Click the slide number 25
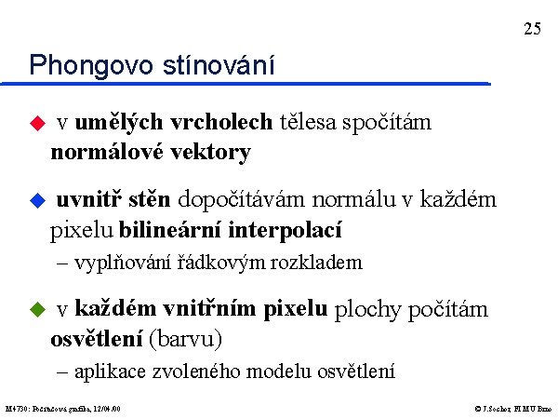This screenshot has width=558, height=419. (x=532, y=29)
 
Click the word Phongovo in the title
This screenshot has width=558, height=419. (x=91, y=65)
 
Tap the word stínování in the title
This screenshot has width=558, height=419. (x=219, y=64)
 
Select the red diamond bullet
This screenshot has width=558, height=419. (x=38, y=123)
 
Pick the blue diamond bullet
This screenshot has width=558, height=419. (x=38, y=200)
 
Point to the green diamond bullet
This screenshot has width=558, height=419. (x=38, y=309)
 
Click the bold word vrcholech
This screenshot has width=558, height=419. (x=221, y=122)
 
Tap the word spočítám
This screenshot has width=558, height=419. (x=387, y=123)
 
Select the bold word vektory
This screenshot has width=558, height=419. (x=211, y=152)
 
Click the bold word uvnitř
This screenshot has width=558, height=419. (x=88, y=199)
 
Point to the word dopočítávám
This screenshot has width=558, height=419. (x=241, y=200)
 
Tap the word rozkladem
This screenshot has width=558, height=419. (x=316, y=263)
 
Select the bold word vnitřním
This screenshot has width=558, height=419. (x=209, y=308)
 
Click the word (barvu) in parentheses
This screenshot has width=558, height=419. (x=185, y=339)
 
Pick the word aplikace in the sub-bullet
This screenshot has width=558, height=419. (x=110, y=372)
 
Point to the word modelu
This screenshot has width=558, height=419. (x=279, y=372)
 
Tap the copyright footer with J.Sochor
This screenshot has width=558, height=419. (x=512, y=409)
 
